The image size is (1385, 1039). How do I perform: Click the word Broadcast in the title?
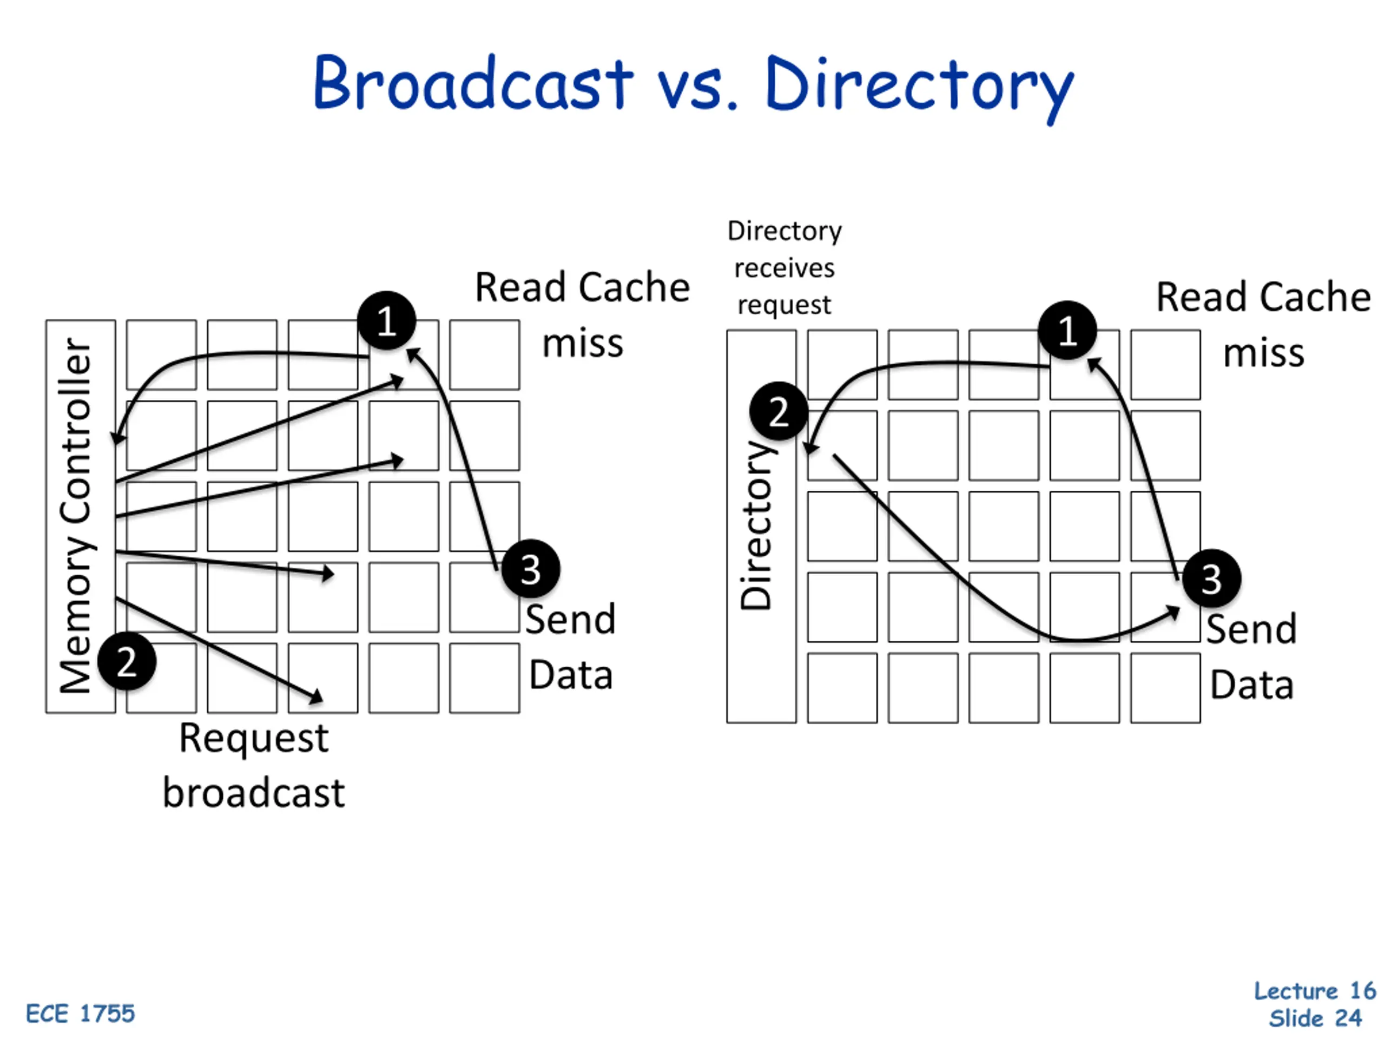[473, 83]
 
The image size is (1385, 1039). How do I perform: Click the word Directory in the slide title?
[919, 87]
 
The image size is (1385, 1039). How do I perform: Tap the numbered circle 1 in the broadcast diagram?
[386, 321]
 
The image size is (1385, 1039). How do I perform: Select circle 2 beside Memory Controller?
[127, 661]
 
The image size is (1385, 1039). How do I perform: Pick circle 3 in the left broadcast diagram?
[530, 569]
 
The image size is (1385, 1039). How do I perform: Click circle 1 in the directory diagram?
[1067, 330]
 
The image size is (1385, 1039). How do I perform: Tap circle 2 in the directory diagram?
[779, 411]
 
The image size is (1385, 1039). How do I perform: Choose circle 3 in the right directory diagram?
[1211, 578]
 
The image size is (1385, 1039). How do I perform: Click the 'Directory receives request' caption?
[784, 268]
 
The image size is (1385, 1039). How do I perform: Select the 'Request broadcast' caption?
[254, 765]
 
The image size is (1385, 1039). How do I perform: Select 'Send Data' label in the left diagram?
[570, 647]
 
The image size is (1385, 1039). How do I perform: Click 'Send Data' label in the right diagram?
[1251, 656]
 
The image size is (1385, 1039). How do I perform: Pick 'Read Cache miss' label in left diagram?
[582, 315]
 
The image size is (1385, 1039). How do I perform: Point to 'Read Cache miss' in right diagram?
[1263, 324]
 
